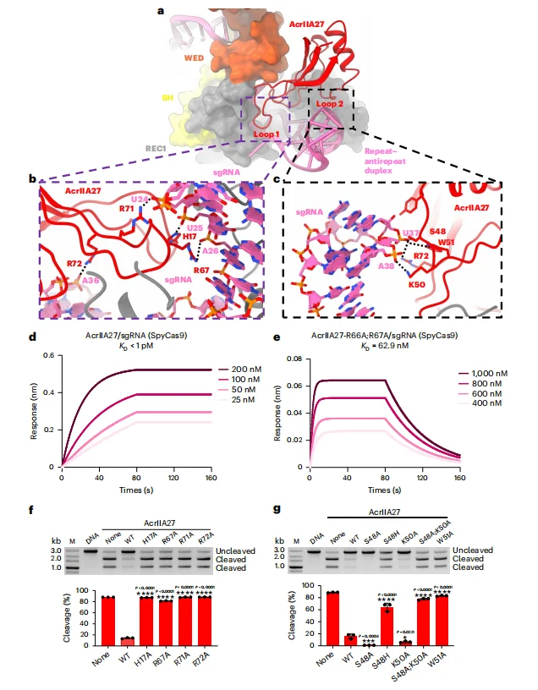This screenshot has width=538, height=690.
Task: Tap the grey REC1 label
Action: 154,147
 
